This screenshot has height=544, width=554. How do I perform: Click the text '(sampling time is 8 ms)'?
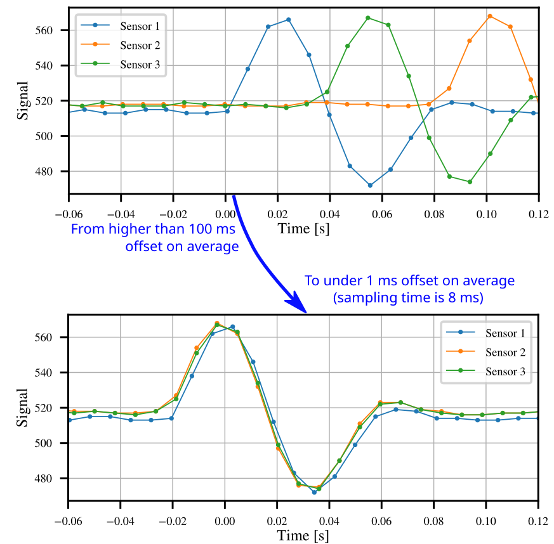[409, 296]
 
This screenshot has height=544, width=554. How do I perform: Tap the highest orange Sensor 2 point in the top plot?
[490, 16]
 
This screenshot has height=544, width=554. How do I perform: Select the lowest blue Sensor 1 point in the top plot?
[370, 185]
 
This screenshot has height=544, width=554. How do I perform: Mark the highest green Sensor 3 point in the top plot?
[368, 18]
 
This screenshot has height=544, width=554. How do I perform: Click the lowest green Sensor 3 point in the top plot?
[470, 182]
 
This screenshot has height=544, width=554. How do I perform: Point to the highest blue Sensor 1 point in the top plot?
[289, 20]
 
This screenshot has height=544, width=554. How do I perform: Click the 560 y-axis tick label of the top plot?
[51, 30]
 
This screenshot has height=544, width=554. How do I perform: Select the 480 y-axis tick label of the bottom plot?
[51, 479]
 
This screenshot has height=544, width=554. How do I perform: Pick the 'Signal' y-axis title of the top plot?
[23, 100]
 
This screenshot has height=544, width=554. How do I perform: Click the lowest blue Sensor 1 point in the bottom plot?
[314, 492]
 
